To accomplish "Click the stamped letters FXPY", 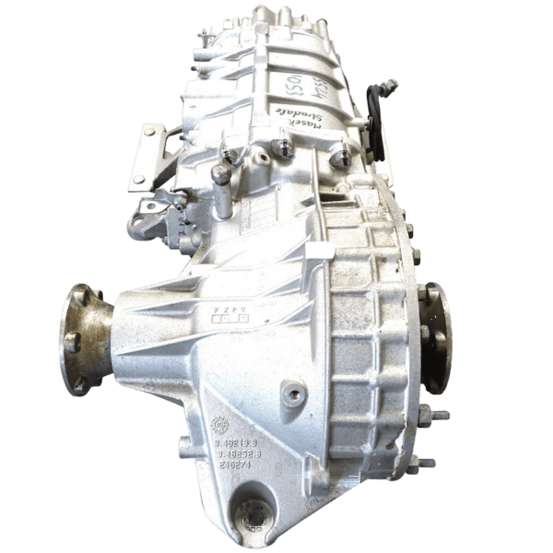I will pos(230,301).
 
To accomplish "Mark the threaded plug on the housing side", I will pos(295,394).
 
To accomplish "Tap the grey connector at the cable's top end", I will pos(391,85).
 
